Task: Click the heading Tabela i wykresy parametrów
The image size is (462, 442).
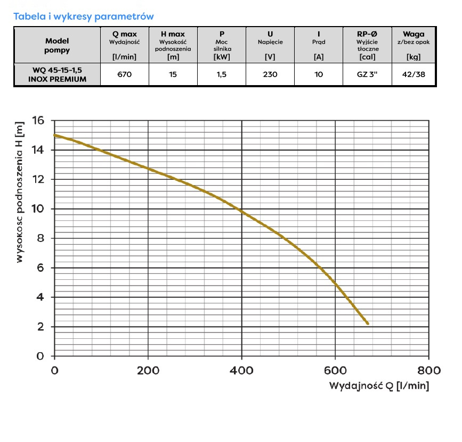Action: [x=84, y=16]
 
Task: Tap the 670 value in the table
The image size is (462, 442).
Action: [x=124, y=75]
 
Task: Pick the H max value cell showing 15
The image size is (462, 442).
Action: [x=173, y=75]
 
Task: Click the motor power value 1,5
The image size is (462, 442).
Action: [x=222, y=75]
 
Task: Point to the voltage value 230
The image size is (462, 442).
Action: [x=270, y=75]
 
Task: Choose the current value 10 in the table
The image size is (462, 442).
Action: [x=319, y=75]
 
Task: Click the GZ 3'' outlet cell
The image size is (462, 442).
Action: [x=367, y=75]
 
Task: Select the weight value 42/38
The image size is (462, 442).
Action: [x=414, y=75]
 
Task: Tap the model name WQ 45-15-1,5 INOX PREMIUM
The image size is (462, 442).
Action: [x=57, y=75]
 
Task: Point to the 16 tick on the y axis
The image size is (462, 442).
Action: [x=37, y=121]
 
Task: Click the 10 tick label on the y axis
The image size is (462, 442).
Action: [x=37, y=209]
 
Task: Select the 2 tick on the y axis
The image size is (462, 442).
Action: [x=40, y=327]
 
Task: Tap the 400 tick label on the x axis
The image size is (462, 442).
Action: [x=242, y=371]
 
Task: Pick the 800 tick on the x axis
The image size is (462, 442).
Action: [x=429, y=371]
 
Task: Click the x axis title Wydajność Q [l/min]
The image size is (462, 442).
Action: [x=379, y=386]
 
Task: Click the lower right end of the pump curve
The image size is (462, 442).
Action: [x=367, y=323]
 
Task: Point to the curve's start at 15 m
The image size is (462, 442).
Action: [x=55, y=135]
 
